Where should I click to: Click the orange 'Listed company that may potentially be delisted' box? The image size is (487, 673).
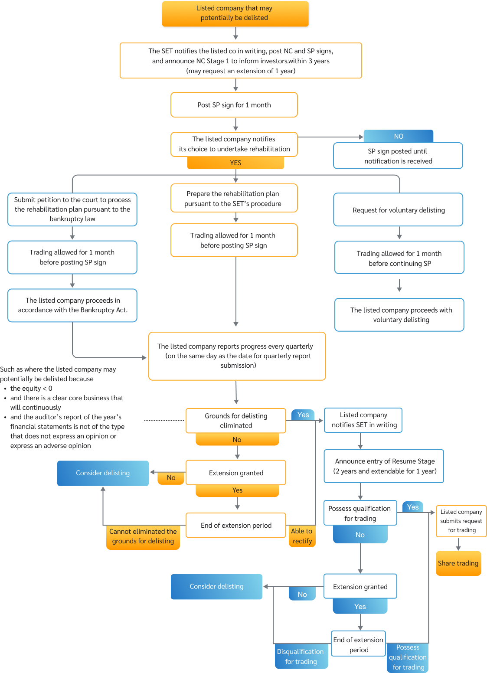pyautogui.click(x=235, y=13)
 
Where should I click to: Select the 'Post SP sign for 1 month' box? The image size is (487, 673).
pyautogui.click(x=234, y=105)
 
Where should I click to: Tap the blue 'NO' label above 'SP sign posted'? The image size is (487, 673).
pyautogui.click(x=398, y=136)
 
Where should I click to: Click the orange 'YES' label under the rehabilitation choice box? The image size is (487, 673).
pyautogui.click(x=235, y=163)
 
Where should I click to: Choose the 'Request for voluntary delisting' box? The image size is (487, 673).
pyautogui.click(x=398, y=210)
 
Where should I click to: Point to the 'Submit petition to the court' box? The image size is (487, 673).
pyautogui.click(x=72, y=209)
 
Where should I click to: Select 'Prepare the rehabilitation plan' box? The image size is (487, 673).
pyautogui.click(x=234, y=199)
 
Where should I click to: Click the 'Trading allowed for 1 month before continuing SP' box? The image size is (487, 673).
pyautogui.click(x=399, y=258)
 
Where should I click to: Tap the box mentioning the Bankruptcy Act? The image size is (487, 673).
pyautogui.click(x=72, y=305)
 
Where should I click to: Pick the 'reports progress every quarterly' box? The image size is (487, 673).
pyautogui.click(x=237, y=356)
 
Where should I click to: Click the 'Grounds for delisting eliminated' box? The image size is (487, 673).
pyautogui.click(x=236, y=421)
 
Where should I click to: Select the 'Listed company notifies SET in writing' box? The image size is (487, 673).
pyautogui.click(x=363, y=420)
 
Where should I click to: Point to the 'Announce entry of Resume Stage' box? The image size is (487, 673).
pyautogui.click(x=384, y=466)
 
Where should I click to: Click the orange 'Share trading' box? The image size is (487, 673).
pyautogui.click(x=458, y=563)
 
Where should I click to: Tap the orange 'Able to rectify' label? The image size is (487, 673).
pyautogui.click(x=302, y=536)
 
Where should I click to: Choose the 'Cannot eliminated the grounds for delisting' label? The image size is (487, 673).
pyautogui.click(x=143, y=536)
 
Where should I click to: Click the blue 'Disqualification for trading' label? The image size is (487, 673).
pyautogui.click(x=301, y=657)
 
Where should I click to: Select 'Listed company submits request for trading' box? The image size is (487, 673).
pyautogui.click(x=461, y=521)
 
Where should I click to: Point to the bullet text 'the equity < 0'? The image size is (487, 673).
pyautogui.click(x=31, y=389)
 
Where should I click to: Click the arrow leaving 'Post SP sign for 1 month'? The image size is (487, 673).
pyautogui.click(x=235, y=124)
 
